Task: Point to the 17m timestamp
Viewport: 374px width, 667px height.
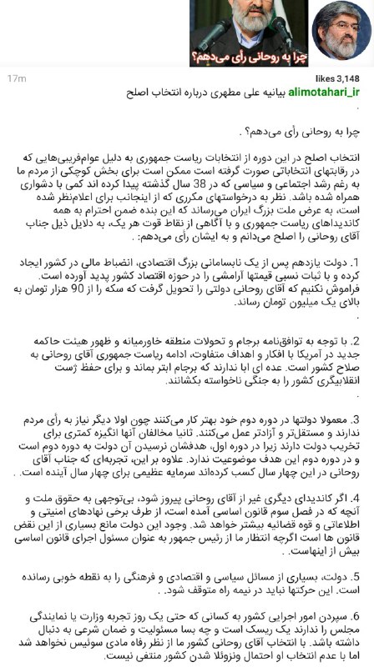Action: click(18, 78)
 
